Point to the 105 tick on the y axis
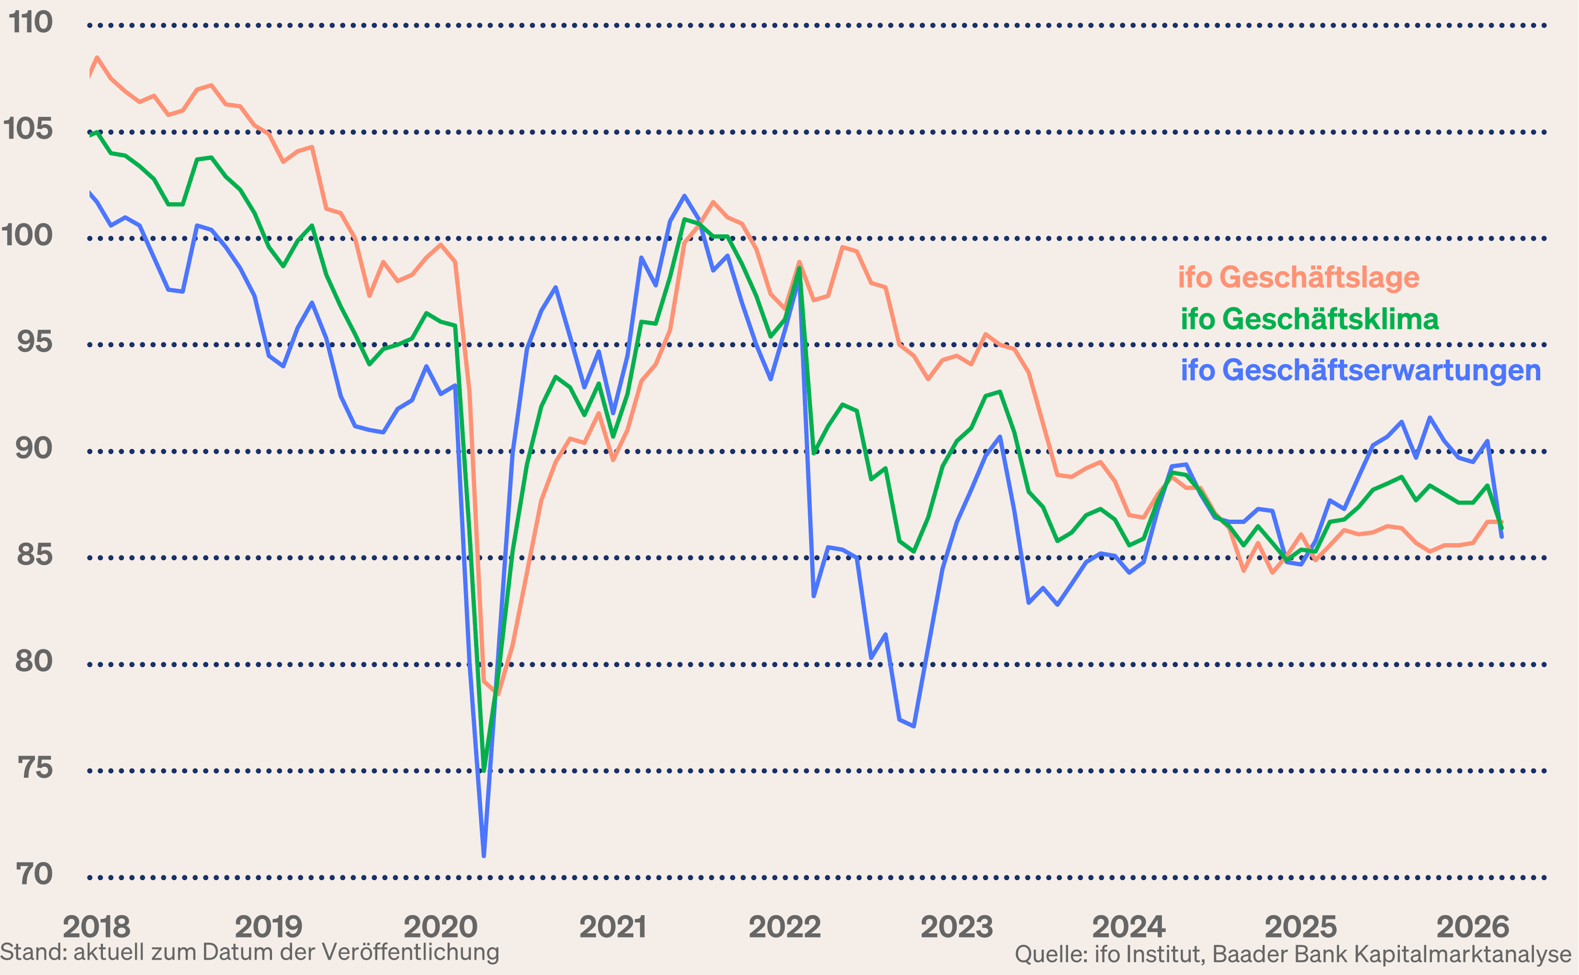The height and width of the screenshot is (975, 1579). click(x=28, y=130)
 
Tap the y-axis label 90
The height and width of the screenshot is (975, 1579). click(x=34, y=449)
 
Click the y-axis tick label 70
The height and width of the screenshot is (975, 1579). click(x=34, y=874)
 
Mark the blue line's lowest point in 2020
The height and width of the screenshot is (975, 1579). click(x=484, y=856)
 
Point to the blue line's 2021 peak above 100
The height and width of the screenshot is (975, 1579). click(x=684, y=196)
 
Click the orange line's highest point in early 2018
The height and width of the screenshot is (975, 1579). click(x=97, y=58)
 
